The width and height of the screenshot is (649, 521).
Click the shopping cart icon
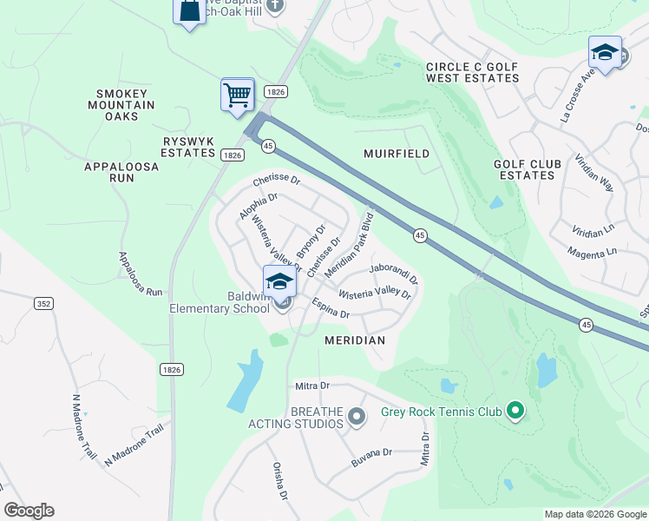(238, 94)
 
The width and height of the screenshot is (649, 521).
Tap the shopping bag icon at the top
(189, 11)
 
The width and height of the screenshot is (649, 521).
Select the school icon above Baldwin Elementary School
(280, 281)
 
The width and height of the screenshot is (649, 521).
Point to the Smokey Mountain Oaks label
(126, 105)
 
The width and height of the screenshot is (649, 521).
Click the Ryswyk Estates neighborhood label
(188, 147)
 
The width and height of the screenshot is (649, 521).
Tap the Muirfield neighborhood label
(396, 154)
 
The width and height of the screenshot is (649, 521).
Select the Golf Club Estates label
(524, 169)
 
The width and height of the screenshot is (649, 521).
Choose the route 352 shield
(43, 303)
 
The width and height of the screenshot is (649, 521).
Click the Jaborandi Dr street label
(393, 274)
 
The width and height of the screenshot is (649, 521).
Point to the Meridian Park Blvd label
(349, 244)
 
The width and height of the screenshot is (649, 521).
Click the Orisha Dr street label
(280, 481)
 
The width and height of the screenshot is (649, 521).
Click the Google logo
(29, 511)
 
